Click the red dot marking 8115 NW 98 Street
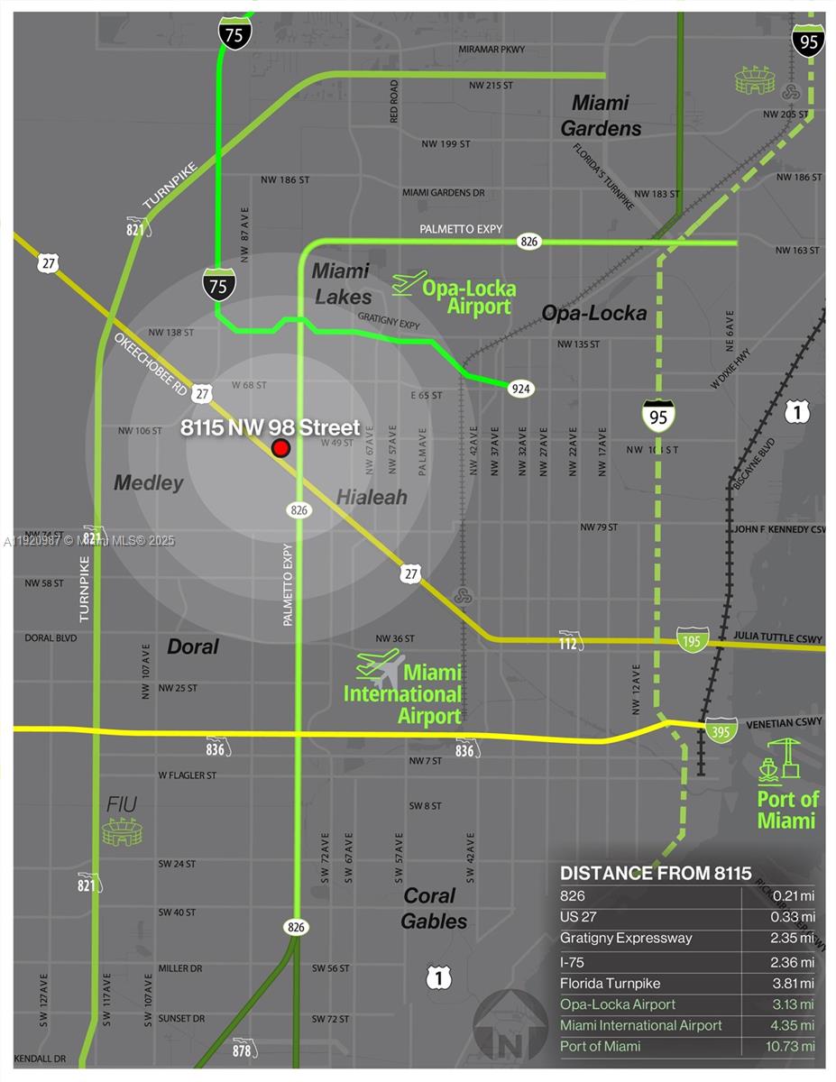coord(281,448)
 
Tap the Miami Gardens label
coord(601,115)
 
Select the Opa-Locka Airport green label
coord(469,298)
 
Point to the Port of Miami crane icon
coord(781,759)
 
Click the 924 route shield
coord(520,389)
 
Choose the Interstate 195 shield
coord(693,639)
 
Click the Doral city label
coord(193,646)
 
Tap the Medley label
coord(149,483)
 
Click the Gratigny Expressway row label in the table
coord(626,939)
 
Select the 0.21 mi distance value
coord(794,895)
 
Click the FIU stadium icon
coord(122,831)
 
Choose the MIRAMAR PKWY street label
coord(491,49)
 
